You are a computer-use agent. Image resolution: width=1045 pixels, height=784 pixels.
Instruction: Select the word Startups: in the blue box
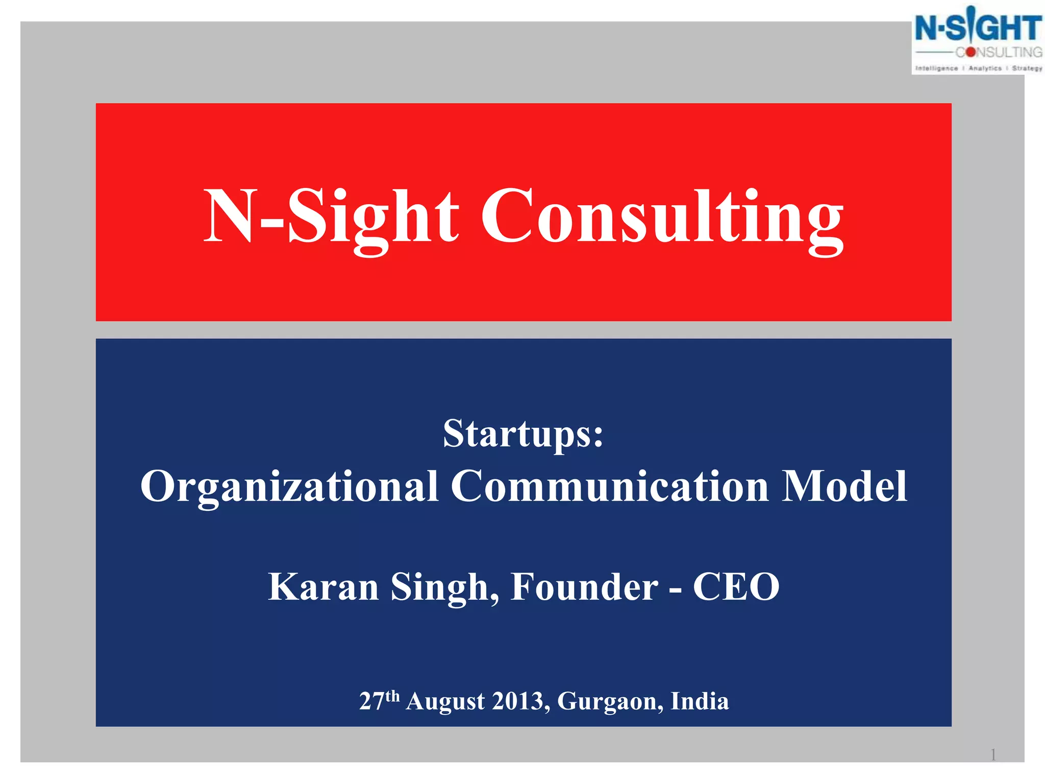523,434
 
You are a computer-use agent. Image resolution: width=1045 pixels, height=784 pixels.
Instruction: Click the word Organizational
289,486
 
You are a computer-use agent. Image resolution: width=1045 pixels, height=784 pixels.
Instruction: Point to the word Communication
610,486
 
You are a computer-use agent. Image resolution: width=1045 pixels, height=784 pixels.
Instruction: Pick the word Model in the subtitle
845,486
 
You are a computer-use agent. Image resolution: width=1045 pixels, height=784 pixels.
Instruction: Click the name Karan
323,587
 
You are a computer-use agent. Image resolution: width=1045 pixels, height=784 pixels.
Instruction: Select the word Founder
584,587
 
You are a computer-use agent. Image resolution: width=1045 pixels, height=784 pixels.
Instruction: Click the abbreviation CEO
736,587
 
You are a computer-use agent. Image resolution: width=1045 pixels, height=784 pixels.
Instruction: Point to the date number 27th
379,700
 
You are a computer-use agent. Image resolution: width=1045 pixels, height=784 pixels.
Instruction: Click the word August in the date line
445,701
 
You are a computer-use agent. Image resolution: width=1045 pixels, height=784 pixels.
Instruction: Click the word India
700,701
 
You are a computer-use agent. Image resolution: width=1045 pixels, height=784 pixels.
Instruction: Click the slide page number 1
993,754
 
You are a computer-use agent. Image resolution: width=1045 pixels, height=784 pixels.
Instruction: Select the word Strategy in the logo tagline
1027,68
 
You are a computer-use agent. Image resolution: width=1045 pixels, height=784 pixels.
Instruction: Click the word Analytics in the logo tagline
985,68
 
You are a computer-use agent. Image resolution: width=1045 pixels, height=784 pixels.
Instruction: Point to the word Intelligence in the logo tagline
937,68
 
